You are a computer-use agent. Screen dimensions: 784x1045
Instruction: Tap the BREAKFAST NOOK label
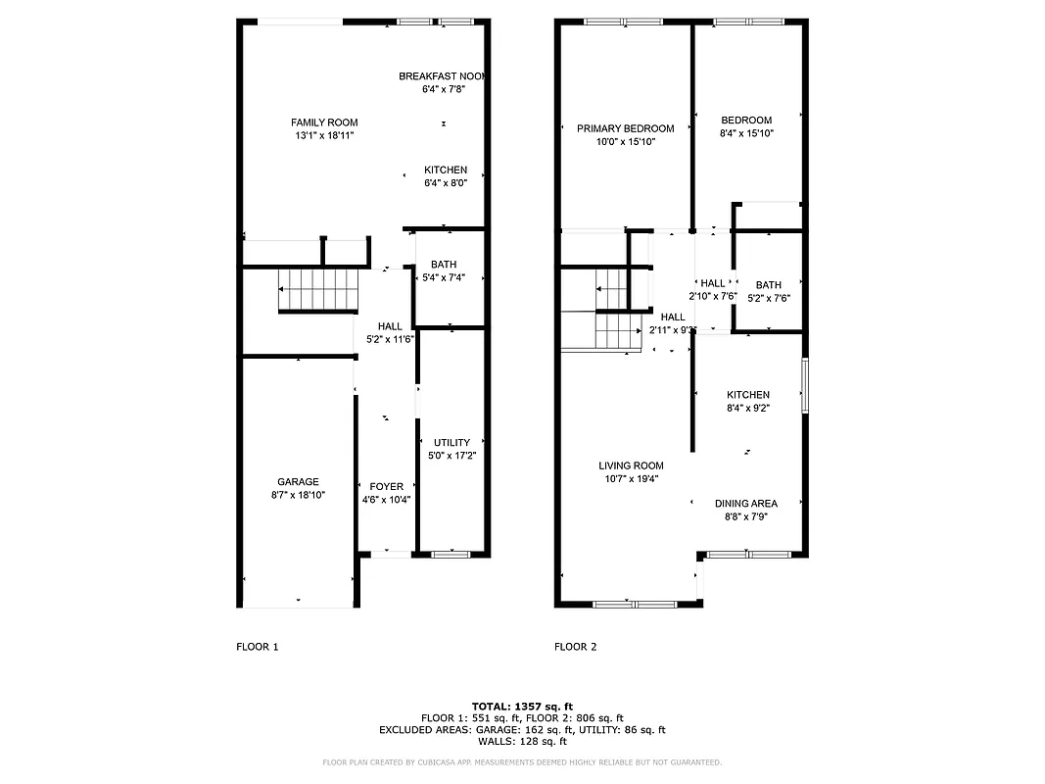pyautogui.click(x=442, y=75)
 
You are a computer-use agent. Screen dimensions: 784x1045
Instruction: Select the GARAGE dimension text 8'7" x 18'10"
pyautogui.click(x=298, y=496)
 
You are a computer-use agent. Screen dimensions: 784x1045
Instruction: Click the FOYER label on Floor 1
pyautogui.click(x=386, y=486)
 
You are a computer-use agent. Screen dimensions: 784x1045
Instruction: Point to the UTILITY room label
pyautogui.click(x=451, y=442)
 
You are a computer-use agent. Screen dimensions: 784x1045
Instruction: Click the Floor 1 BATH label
pyautogui.click(x=443, y=264)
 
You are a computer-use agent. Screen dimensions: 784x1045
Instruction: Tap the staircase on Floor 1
pyautogui.click(x=318, y=289)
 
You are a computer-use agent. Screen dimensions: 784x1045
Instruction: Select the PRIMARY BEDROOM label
pyautogui.click(x=625, y=128)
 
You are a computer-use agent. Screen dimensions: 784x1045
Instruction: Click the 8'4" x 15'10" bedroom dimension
pyautogui.click(x=746, y=134)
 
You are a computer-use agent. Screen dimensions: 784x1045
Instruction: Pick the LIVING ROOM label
pyautogui.click(x=631, y=465)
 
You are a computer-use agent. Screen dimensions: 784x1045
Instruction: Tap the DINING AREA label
pyautogui.click(x=745, y=504)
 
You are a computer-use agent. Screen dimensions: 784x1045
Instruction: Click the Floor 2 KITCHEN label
pyautogui.click(x=747, y=395)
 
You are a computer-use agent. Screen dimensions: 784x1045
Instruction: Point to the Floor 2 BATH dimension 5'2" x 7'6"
pyautogui.click(x=768, y=299)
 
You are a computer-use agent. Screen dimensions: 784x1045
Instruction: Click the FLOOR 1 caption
pyautogui.click(x=258, y=647)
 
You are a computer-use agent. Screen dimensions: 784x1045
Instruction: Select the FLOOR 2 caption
pyautogui.click(x=575, y=647)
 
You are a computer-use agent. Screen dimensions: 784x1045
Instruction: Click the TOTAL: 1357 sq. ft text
pyautogui.click(x=522, y=706)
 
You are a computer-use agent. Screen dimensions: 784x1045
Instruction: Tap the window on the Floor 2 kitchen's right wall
pyautogui.click(x=804, y=385)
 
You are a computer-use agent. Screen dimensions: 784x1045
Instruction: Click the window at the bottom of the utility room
pyautogui.click(x=451, y=555)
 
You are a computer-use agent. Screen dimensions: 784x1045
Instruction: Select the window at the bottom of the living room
pyautogui.click(x=635, y=604)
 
